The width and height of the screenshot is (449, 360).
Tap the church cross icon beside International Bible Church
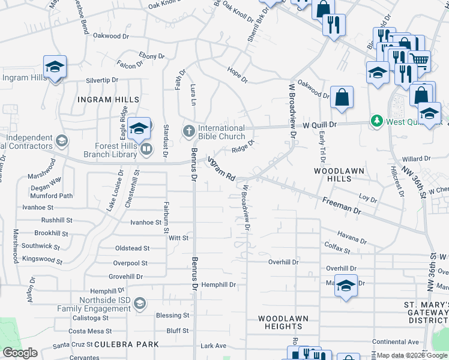tap(188, 130)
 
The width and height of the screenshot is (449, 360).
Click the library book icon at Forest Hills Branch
tap(146, 148)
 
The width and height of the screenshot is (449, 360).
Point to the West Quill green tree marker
tap(376, 121)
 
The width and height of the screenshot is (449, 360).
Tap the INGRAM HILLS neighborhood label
tap(108, 100)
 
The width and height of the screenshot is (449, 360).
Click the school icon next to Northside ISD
tap(140, 302)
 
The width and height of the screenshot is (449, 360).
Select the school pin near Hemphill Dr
tap(346, 286)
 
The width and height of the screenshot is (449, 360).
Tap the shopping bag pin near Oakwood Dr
tap(342, 97)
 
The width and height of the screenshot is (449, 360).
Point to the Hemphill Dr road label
tap(218, 284)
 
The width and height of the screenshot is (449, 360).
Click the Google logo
tap(20, 353)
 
